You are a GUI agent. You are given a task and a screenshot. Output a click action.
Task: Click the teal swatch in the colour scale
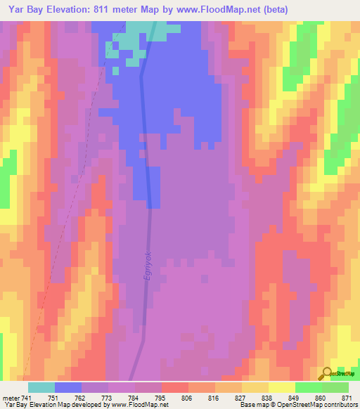pos(41,387)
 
